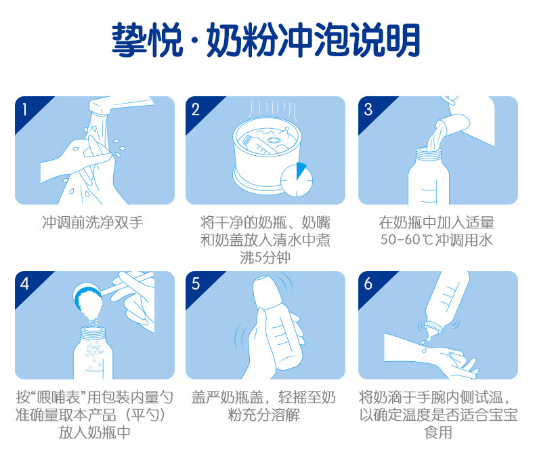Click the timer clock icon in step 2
click(297, 180)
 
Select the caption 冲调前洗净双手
click(93, 222)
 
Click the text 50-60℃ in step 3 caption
click(407, 240)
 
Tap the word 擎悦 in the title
click(148, 40)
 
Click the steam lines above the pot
click(272, 108)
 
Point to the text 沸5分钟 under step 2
click(265, 257)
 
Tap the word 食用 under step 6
click(438, 432)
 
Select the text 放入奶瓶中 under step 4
click(95, 432)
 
